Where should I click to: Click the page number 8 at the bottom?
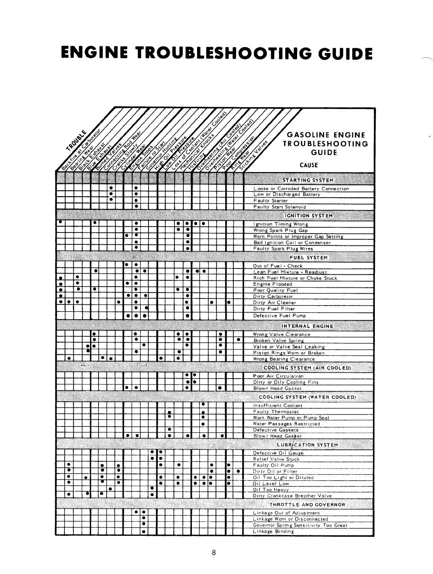tap(214, 552)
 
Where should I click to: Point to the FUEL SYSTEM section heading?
tap(309, 258)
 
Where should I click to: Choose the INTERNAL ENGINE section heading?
tap(308, 326)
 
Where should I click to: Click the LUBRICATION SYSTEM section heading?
tap(307, 445)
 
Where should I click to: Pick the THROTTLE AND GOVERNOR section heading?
tap(307, 505)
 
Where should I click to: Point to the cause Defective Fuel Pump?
tap(279, 316)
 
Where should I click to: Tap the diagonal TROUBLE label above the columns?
tap(76, 140)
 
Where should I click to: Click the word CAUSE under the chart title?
tap(309, 165)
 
